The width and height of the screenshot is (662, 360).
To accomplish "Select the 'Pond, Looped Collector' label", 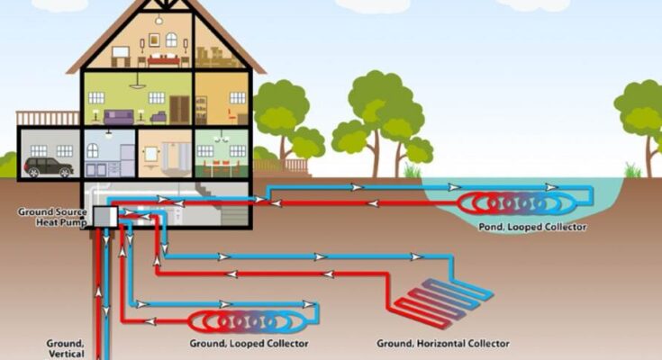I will point(533,228).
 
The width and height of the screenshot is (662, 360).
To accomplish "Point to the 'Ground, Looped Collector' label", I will point(249,344).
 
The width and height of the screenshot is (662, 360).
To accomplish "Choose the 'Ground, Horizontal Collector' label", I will point(442,344).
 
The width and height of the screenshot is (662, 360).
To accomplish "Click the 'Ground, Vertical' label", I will point(65,347).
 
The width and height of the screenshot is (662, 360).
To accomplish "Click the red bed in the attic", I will point(163,59).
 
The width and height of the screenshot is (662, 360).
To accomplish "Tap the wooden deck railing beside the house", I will point(36,118).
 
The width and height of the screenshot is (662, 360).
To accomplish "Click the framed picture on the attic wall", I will point(170,39).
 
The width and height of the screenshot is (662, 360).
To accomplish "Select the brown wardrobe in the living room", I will point(180,109).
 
